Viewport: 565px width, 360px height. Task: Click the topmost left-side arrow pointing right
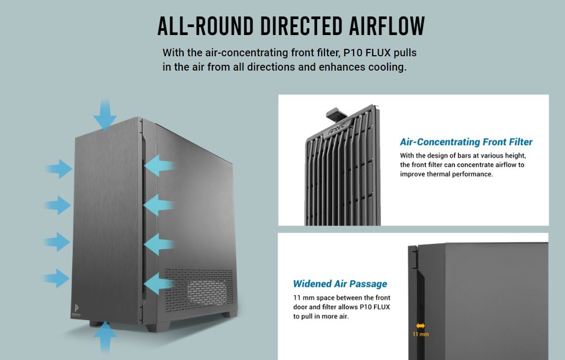click(x=59, y=169)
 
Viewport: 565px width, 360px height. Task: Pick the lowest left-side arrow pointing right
click(x=57, y=278)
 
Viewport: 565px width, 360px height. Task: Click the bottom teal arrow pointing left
click(x=159, y=284)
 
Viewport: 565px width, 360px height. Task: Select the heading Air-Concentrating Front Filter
click(x=466, y=142)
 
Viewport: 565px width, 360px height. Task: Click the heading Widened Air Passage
click(x=340, y=284)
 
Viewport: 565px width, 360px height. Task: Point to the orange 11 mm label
click(x=420, y=335)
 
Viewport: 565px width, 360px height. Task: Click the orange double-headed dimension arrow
click(x=420, y=326)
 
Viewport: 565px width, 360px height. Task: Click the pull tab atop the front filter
click(x=335, y=113)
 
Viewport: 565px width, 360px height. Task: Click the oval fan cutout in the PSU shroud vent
click(x=209, y=291)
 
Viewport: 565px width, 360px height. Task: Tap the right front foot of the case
click(x=229, y=314)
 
